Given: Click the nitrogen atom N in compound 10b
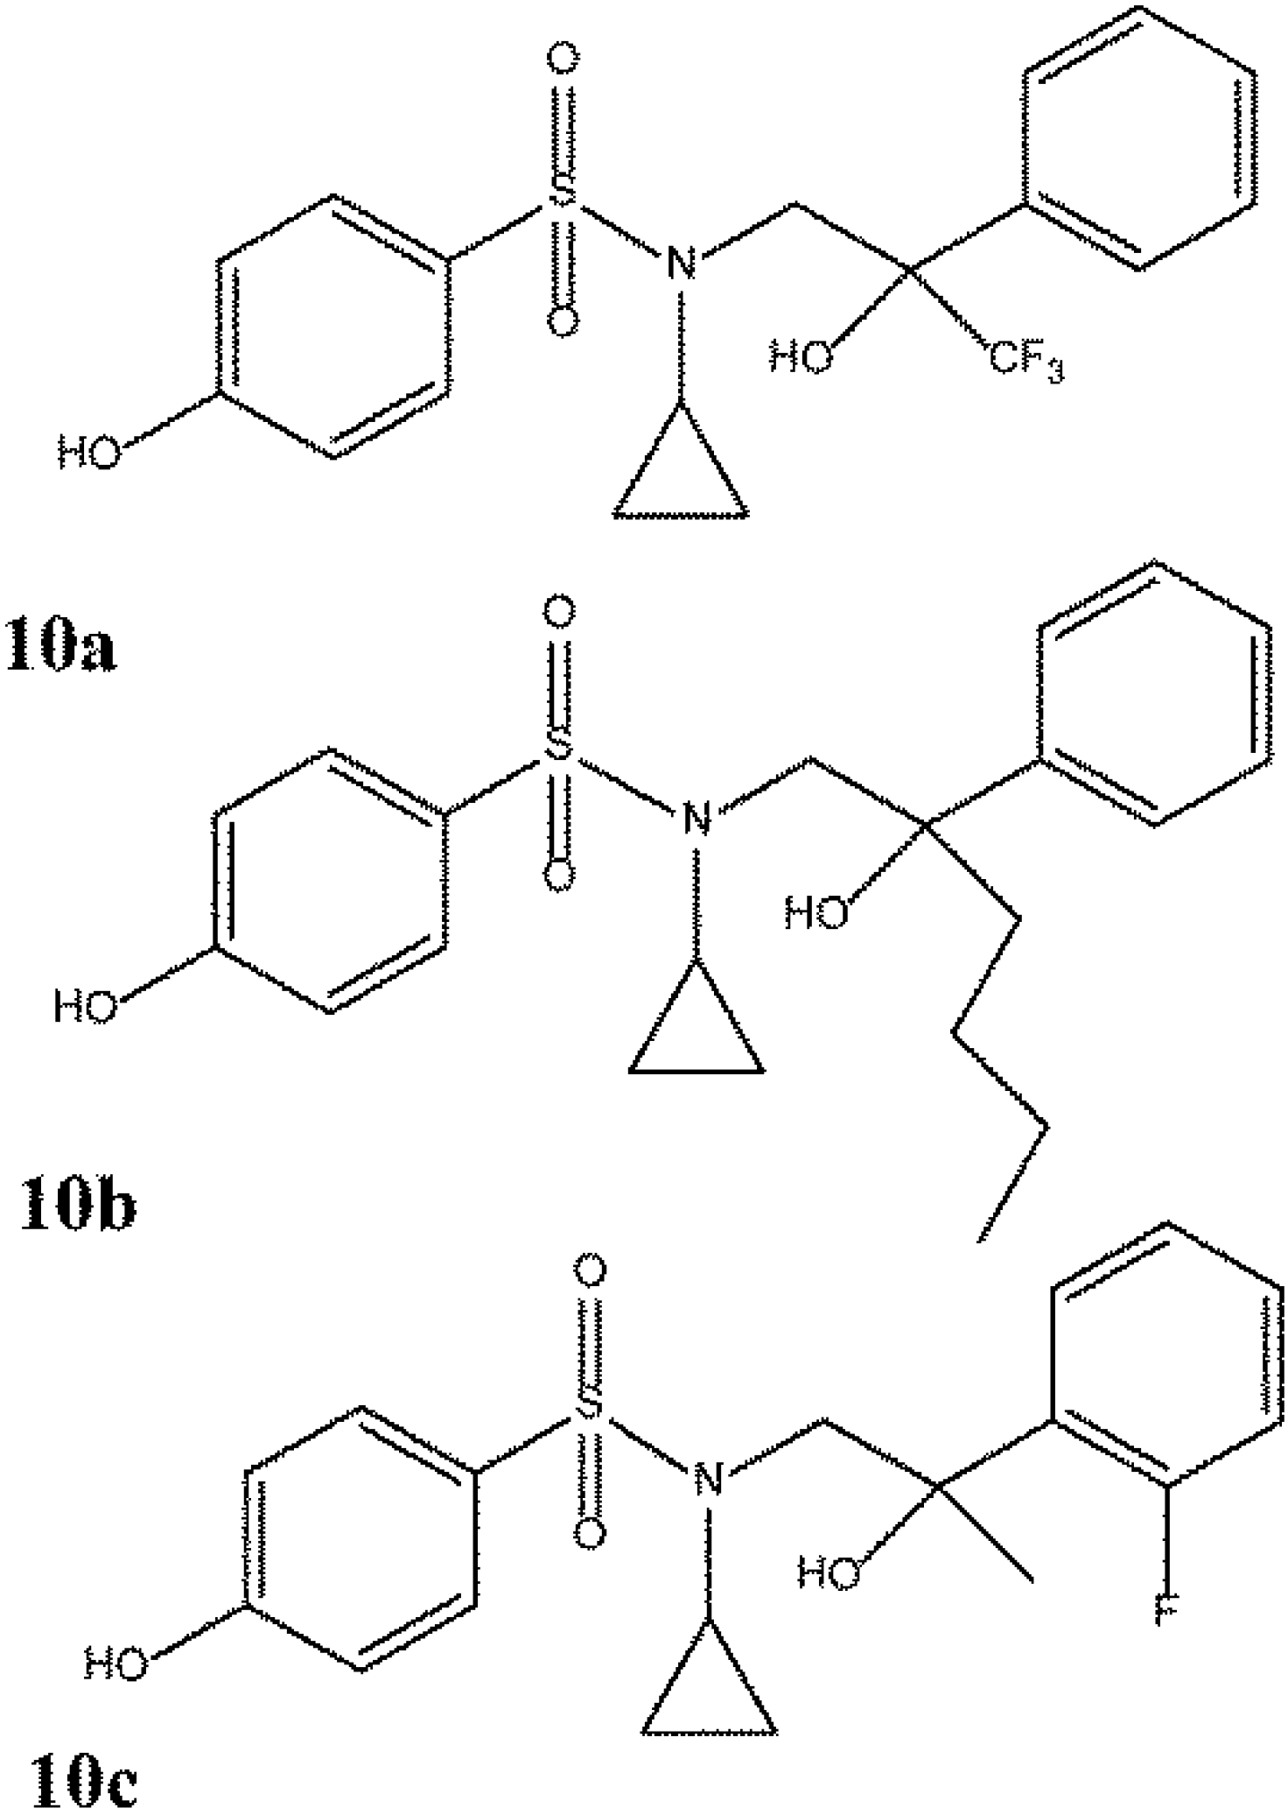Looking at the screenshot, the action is pos(696,819).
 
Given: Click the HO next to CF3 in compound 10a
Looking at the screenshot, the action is pos(799,356).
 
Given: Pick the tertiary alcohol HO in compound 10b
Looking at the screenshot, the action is pos(815,914).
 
